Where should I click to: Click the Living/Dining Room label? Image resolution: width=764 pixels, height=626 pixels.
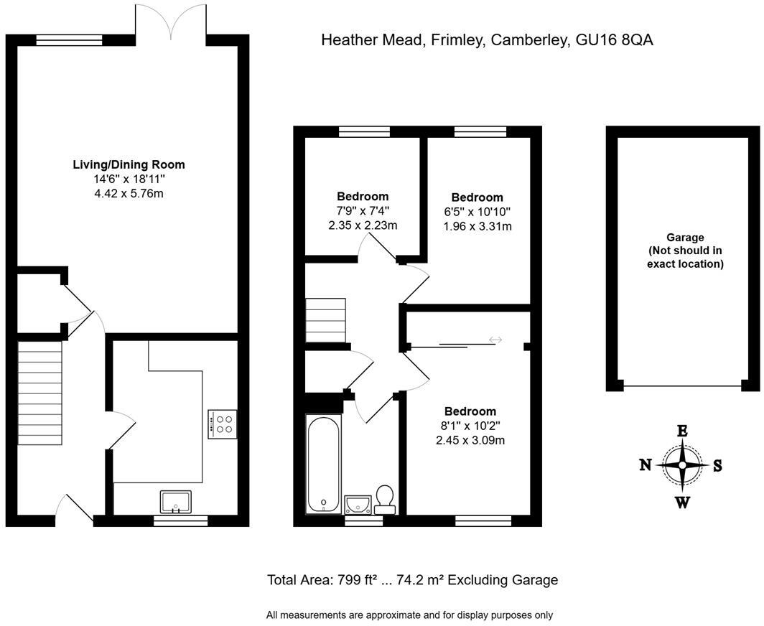(129, 164)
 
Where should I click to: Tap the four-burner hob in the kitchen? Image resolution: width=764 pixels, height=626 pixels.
(223, 424)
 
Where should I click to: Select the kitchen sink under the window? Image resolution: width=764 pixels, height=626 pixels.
(176, 502)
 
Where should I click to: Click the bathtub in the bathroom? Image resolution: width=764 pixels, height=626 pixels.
(324, 463)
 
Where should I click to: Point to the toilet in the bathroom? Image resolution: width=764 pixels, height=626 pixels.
(385, 500)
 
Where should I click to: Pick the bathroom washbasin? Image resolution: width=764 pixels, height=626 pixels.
(358, 504)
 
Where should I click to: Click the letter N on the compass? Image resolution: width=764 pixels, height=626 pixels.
(646, 465)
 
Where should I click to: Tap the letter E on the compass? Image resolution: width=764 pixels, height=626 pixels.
(682, 431)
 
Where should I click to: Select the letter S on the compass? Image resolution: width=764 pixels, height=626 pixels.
(717, 465)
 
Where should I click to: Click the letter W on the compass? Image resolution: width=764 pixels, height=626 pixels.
(682, 502)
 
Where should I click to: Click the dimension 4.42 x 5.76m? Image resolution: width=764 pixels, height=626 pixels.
(129, 194)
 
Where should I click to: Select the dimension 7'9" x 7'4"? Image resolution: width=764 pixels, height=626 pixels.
(363, 210)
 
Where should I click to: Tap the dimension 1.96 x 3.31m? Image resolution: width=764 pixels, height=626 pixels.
(477, 226)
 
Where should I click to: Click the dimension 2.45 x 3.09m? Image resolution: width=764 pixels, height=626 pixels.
(470, 440)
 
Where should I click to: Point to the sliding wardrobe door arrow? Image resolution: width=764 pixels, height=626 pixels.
(495, 340)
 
